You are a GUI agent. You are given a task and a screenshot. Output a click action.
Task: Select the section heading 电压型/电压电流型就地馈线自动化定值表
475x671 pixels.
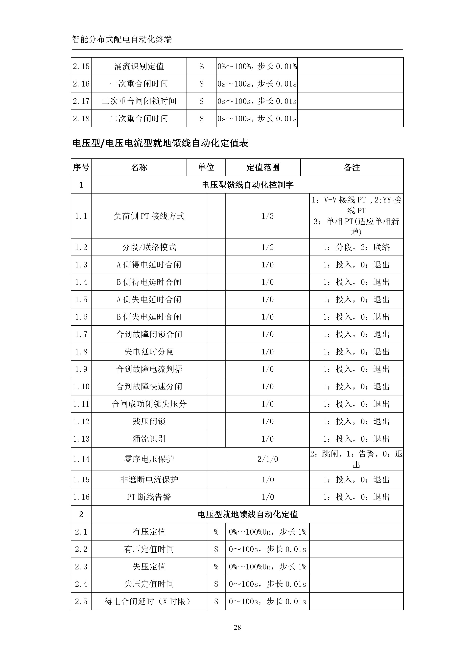(160, 143)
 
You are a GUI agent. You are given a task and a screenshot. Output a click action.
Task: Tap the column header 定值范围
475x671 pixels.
(263, 168)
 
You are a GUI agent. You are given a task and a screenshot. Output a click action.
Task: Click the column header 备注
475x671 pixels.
(352, 168)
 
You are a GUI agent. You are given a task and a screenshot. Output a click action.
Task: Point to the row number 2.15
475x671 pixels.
(81, 66)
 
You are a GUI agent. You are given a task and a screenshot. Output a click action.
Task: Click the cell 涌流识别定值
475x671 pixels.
(139, 66)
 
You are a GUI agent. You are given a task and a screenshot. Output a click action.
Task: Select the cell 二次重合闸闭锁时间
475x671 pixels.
(139, 101)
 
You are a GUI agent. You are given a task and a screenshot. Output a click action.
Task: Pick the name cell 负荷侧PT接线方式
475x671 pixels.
(149, 216)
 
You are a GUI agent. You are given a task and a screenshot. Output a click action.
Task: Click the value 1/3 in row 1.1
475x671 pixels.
(267, 216)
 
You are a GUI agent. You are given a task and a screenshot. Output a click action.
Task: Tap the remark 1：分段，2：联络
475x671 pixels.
(356, 247)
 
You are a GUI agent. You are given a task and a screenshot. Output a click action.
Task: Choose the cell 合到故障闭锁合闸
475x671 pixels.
(149, 334)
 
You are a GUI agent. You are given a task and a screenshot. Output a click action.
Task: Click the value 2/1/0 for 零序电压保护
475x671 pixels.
(267, 459)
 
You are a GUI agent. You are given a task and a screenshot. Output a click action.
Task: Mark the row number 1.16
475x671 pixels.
(81, 497)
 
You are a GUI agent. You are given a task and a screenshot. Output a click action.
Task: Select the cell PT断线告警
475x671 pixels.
(149, 497)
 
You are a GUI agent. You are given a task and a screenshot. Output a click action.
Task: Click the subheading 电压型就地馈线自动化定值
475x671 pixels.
(247, 514)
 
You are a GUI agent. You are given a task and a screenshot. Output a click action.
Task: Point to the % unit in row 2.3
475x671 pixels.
(216, 567)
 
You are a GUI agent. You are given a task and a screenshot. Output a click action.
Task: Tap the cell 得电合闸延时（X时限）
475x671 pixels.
(149, 602)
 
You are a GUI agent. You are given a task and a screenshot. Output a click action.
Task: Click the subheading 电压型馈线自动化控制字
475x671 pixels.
(247, 185)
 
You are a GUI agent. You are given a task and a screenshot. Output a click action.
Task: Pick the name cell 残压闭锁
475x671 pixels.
(149, 421)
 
